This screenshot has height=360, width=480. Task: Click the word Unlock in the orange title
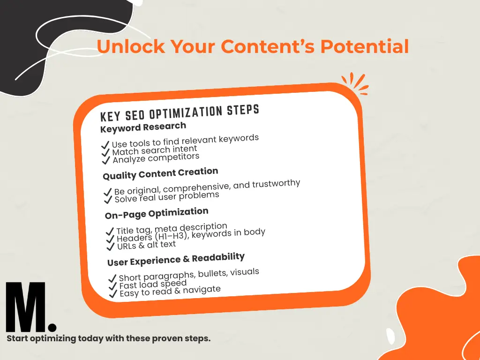coord(131,46)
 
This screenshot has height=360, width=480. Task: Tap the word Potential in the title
coord(365,46)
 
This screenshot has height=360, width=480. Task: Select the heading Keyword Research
coord(143,127)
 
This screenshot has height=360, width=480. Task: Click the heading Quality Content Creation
coord(160,173)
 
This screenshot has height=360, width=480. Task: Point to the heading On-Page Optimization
coord(157,213)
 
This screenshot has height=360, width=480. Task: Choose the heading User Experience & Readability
coord(176,259)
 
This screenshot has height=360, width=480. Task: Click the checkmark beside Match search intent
coord(105,152)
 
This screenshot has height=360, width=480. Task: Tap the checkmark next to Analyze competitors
coord(106,160)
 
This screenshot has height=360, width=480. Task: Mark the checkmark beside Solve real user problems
coord(108,200)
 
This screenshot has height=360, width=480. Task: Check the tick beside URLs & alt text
coord(110,247)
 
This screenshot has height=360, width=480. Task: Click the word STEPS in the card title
coord(243,110)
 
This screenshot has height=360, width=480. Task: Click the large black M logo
coord(26,307)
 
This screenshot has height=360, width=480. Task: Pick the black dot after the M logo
coord(52,326)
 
